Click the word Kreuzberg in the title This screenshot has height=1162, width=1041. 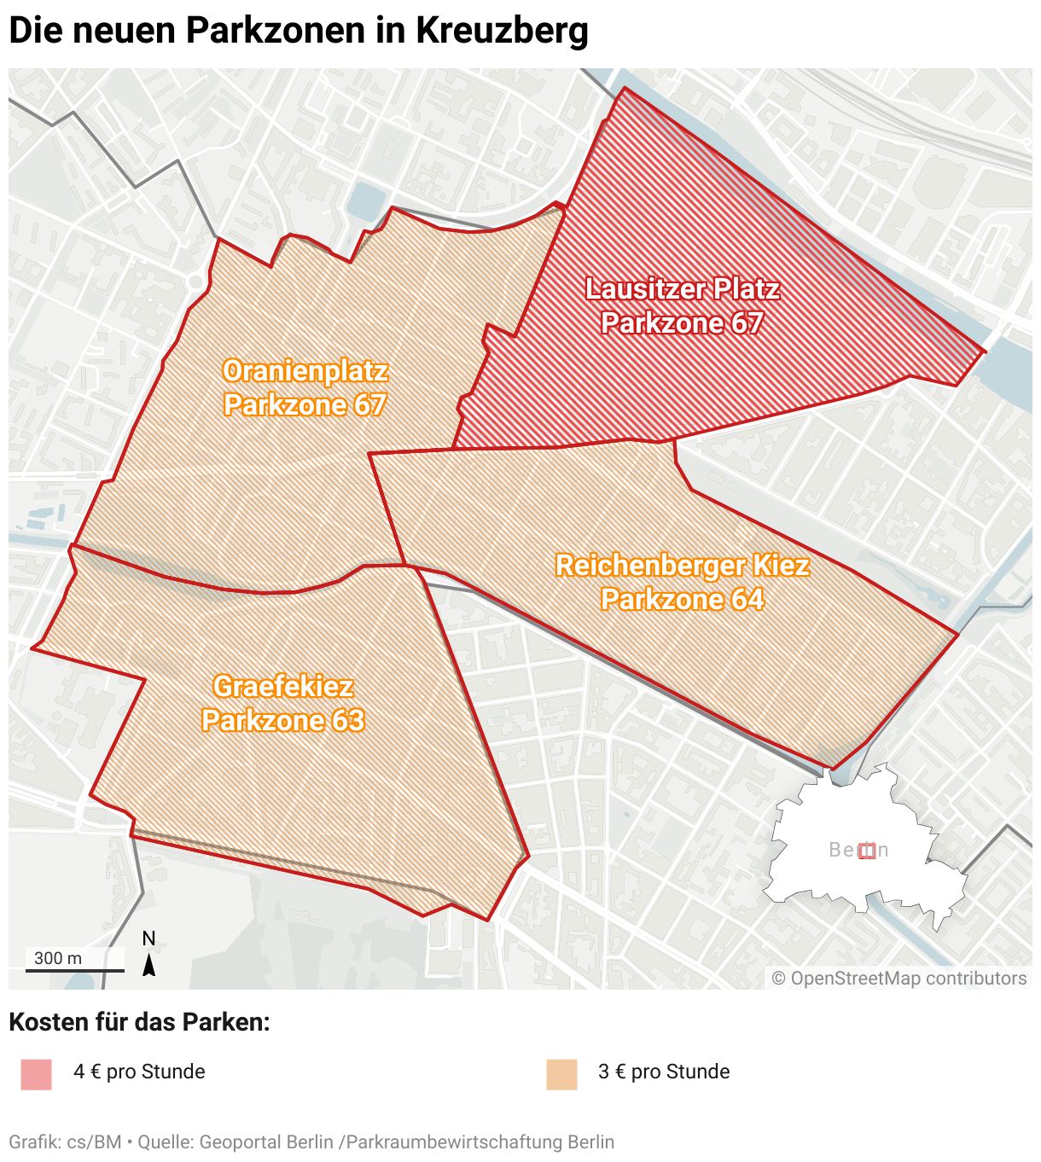(x=502, y=30)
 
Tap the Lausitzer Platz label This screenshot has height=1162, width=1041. (x=682, y=289)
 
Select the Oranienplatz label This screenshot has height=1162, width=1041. (x=305, y=371)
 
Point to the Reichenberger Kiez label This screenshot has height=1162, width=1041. (x=682, y=566)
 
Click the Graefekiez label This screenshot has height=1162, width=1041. (x=282, y=687)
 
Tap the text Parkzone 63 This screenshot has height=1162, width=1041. (x=282, y=721)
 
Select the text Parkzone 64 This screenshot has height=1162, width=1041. (x=682, y=600)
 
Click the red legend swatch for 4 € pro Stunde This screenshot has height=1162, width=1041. (x=37, y=1074)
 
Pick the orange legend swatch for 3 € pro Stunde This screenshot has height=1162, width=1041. (x=561, y=1074)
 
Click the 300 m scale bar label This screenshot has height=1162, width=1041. (x=58, y=958)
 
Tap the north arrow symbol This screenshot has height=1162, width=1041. (x=148, y=965)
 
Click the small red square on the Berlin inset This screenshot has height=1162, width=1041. (x=867, y=851)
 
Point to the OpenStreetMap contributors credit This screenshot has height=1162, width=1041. (x=899, y=979)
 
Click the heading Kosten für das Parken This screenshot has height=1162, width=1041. (x=139, y=1022)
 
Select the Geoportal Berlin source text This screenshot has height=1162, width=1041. (x=265, y=1142)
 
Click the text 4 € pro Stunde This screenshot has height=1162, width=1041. (x=139, y=1072)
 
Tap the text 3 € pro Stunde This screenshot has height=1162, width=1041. (x=664, y=1072)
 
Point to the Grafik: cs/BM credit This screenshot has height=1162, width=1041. (x=65, y=1142)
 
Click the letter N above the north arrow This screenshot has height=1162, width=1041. (x=148, y=938)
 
